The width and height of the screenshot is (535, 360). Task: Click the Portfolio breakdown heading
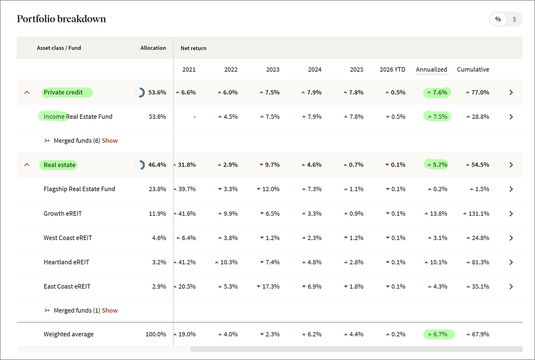(61, 19)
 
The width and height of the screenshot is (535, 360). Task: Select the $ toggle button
(514, 19)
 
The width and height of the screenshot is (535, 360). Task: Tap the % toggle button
(498, 19)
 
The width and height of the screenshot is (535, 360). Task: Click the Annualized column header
(431, 70)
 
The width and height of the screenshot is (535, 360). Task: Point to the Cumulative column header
(473, 70)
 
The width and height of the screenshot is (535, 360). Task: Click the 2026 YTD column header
(392, 70)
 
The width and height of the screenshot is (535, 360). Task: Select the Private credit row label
(63, 93)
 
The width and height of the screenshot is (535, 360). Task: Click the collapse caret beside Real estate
(27, 165)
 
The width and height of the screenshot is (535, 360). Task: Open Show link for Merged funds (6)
(110, 141)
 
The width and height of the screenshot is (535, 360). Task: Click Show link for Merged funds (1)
(110, 311)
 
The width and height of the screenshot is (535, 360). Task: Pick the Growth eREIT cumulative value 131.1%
(478, 214)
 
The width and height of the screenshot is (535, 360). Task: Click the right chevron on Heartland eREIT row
(511, 262)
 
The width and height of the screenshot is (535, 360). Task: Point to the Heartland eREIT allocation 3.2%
(159, 262)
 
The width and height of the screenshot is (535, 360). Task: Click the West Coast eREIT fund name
(68, 238)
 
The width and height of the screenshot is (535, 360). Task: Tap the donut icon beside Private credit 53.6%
(140, 93)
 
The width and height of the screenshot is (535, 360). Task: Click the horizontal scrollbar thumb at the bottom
(356, 349)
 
